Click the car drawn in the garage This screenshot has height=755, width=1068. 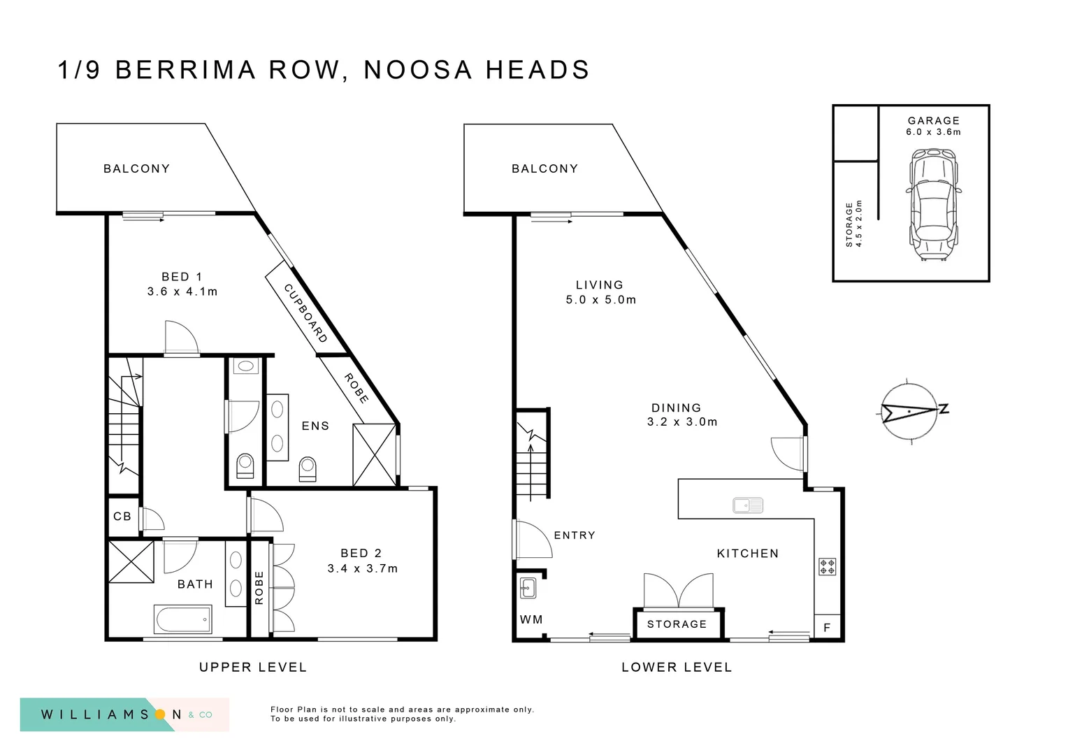coord(932,208)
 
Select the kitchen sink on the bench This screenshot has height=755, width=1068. coord(747,505)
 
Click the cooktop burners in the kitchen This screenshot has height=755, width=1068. coord(827,566)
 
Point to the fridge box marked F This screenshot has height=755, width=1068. coord(827,628)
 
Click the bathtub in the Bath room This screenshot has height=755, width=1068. coord(183,619)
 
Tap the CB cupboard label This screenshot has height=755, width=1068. coord(122,517)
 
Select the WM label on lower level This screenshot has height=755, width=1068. coord(531,619)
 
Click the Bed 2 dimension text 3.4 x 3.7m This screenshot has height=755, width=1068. coord(363,568)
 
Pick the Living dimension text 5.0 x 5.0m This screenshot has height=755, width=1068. coord(601,300)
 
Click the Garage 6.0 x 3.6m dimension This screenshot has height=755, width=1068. coord(933,132)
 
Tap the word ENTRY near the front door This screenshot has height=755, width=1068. coord(575,535)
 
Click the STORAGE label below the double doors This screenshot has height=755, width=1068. coord(677,624)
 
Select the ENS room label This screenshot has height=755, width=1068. coord(315,426)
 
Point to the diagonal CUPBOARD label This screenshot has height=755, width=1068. coord(305,312)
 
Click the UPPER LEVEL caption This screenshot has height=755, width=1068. coord(253,668)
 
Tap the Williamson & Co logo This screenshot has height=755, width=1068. coord(124,714)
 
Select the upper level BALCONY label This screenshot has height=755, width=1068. coord(136,168)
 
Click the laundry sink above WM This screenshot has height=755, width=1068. coord(528,589)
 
